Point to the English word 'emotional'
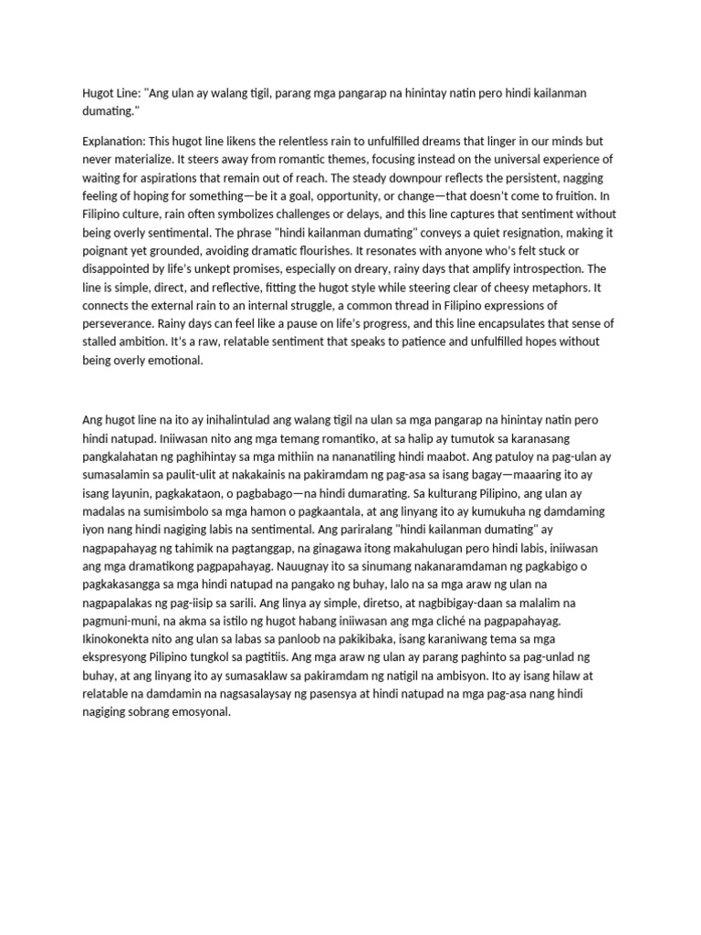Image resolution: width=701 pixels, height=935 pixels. click(x=168, y=360)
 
